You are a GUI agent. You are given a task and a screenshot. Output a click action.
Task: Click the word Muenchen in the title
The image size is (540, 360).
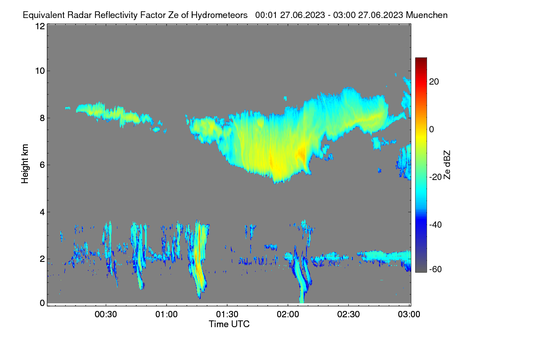[x=427, y=15]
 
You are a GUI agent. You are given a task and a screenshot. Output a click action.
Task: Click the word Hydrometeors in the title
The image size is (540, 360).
[x=219, y=15]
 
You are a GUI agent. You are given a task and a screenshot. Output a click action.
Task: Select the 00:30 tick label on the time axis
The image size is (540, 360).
[x=106, y=315]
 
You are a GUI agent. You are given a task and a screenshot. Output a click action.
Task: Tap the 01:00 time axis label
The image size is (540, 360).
[x=166, y=315]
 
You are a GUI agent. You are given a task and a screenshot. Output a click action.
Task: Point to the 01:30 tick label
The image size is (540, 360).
[x=227, y=315]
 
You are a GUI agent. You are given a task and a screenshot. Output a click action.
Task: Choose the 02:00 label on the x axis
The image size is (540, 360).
[x=288, y=315]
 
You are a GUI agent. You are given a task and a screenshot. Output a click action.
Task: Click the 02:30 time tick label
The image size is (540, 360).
[x=349, y=315]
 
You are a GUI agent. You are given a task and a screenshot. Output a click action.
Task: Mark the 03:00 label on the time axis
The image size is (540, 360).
[x=409, y=315]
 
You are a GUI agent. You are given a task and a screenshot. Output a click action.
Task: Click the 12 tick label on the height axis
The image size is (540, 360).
[x=40, y=26]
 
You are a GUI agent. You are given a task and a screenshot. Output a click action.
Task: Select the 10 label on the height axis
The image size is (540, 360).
[x=40, y=71]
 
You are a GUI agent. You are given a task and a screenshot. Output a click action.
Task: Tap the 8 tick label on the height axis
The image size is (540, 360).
[x=43, y=118]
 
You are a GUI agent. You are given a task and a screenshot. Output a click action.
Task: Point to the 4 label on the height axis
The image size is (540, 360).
[x=43, y=212]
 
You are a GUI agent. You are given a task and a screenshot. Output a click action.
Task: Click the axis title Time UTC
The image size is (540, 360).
[x=229, y=324]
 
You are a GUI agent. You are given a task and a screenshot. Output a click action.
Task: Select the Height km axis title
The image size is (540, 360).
[x=25, y=164]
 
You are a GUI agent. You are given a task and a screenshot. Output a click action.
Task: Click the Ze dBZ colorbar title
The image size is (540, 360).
[x=447, y=165]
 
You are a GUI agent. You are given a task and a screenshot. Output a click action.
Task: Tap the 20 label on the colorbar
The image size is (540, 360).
[x=434, y=82]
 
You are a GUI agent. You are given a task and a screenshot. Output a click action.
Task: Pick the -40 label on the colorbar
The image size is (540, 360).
[x=436, y=225]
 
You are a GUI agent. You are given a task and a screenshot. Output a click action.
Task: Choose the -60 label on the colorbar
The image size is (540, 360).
[x=436, y=270]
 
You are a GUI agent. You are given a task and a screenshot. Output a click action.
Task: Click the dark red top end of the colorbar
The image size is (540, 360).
[x=421, y=58]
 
